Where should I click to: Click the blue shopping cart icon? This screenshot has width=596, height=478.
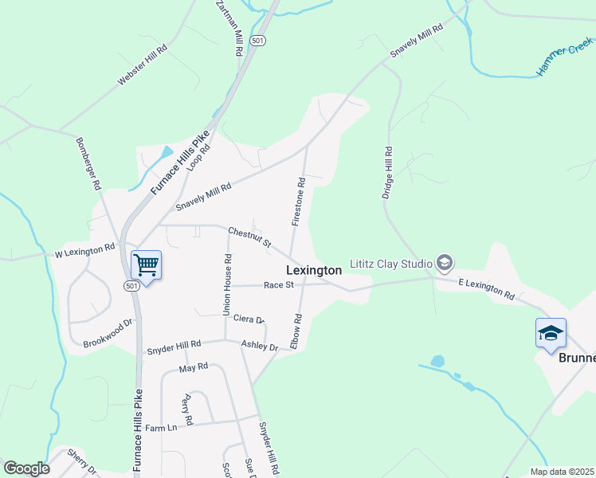point(146,264)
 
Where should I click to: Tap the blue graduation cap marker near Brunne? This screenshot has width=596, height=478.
point(551,334)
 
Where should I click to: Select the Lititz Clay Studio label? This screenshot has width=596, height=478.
point(390,263)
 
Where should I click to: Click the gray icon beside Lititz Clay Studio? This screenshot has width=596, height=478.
point(445,263)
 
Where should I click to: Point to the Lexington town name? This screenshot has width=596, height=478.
point(314,271)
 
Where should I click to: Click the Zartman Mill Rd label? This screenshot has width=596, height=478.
point(229,27)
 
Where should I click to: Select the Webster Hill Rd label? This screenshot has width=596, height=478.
point(143,65)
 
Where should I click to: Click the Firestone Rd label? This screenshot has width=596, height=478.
point(299,201)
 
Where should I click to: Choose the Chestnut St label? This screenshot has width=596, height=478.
point(249,237)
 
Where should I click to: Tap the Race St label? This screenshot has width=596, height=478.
point(279,284)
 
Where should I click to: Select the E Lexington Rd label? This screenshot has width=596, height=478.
point(486,288)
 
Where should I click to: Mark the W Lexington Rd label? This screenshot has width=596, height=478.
point(85,252)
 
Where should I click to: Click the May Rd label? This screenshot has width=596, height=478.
point(193,367)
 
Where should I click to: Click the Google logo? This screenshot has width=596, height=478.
point(26,468)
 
